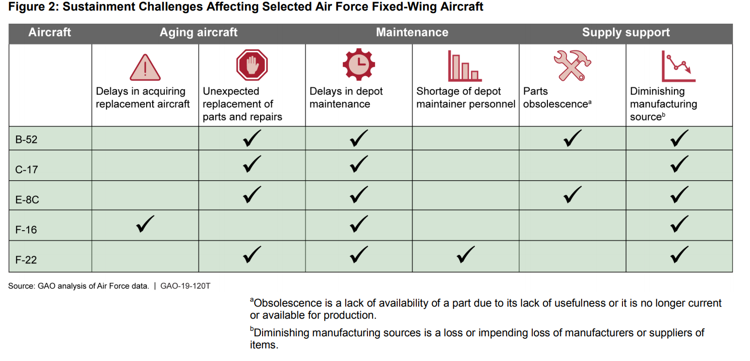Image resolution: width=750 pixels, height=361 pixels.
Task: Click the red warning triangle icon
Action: [x=145, y=67]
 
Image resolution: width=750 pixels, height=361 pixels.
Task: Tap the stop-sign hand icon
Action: [x=252, y=65]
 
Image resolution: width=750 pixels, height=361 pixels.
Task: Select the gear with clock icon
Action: [x=358, y=65]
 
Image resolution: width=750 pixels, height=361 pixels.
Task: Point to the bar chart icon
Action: [x=465, y=66]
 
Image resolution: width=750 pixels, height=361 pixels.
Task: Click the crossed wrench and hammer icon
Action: [x=572, y=65]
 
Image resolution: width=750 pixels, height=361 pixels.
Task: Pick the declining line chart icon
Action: [x=678, y=66]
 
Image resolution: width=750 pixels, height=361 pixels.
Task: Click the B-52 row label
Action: [x=26, y=139]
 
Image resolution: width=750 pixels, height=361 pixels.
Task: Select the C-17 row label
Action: [x=26, y=170]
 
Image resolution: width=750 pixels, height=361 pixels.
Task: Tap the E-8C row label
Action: [x=27, y=200]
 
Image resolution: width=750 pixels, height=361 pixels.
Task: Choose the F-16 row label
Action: [x=26, y=230]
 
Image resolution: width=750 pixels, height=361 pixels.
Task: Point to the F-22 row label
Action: [x=26, y=260]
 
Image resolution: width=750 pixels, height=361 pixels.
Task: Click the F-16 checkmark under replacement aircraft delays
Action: [x=145, y=224]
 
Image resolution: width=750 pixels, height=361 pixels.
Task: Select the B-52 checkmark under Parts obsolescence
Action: [x=572, y=138]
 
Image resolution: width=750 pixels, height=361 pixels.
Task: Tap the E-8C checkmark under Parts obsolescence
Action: [x=572, y=194]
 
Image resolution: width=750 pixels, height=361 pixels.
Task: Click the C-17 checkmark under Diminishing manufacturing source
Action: [x=679, y=164]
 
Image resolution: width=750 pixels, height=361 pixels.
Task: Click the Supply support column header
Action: [x=626, y=33]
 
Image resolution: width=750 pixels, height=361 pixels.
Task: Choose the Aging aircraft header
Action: [x=199, y=33]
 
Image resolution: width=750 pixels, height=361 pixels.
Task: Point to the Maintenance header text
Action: [x=412, y=33]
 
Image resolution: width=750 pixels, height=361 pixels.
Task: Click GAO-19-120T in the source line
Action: [x=185, y=286]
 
